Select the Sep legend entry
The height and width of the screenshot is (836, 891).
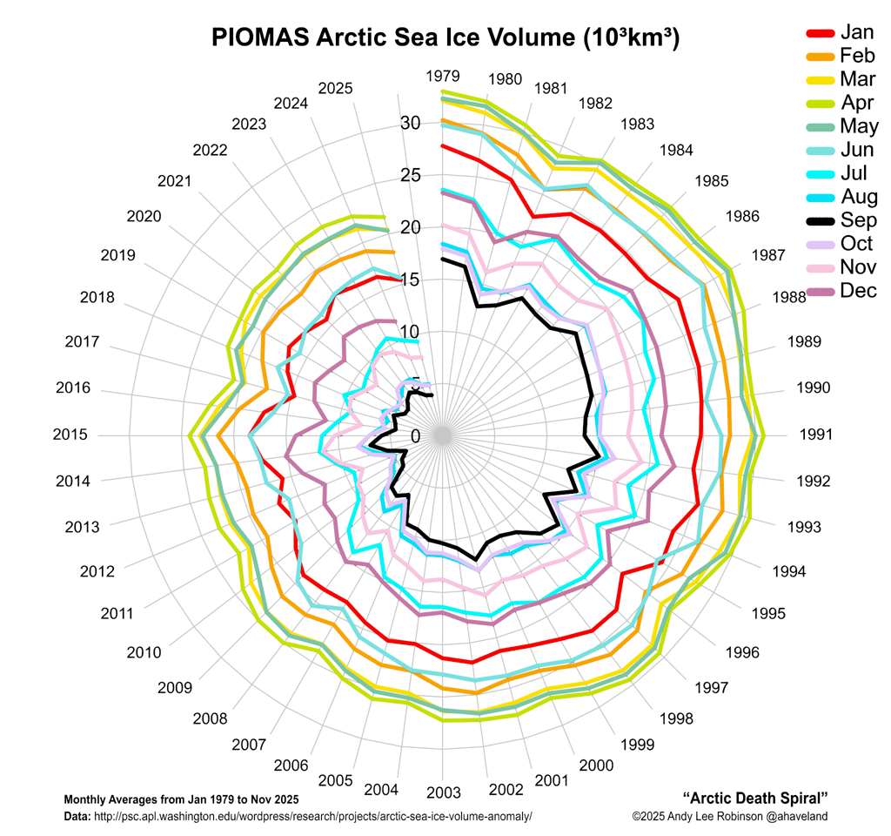point(857,220)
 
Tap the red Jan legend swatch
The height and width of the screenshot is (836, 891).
point(821,33)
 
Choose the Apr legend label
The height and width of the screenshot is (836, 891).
point(857,103)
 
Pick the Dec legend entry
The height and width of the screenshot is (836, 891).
point(858,291)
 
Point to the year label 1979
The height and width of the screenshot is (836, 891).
point(443,76)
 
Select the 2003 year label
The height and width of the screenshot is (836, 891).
point(443,792)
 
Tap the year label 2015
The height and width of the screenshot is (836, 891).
point(70,435)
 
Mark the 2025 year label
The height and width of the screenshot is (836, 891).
point(335,88)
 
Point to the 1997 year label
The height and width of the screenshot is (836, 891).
point(711,689)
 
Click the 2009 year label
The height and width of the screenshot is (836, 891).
point(175,688)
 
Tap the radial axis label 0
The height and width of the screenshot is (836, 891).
point(414,435)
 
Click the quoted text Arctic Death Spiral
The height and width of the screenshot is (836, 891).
point(754,798)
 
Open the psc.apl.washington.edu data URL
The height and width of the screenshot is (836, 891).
point(312,817)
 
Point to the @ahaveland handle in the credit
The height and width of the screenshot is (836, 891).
point(796,817)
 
